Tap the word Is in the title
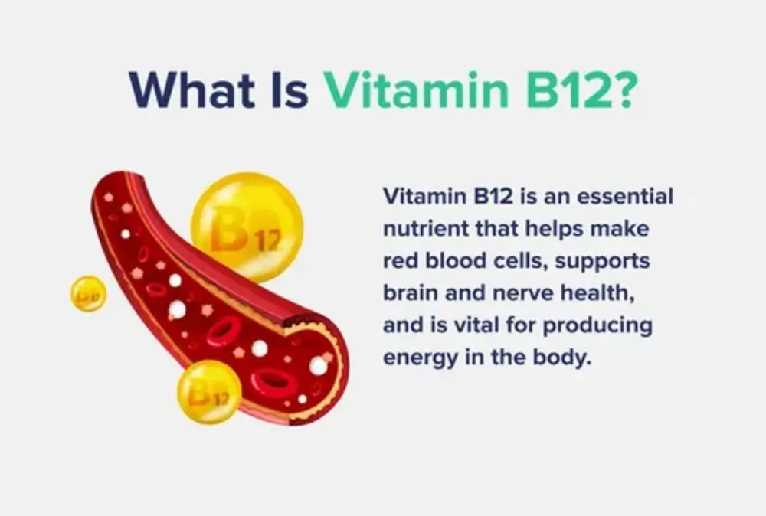[292, 90]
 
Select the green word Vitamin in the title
[413, 90]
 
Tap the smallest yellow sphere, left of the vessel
[88, 293]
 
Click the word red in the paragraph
[399, 261]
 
